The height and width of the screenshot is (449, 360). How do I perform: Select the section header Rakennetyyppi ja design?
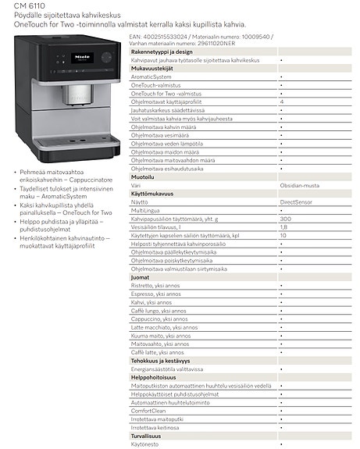click(162, 52)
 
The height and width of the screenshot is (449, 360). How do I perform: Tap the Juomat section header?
click(141, 276)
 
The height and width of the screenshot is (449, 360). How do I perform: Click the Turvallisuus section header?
click(148, 435)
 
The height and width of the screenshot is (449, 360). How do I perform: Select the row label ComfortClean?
click(149, 410)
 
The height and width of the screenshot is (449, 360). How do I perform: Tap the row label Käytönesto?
click(146, 444)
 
